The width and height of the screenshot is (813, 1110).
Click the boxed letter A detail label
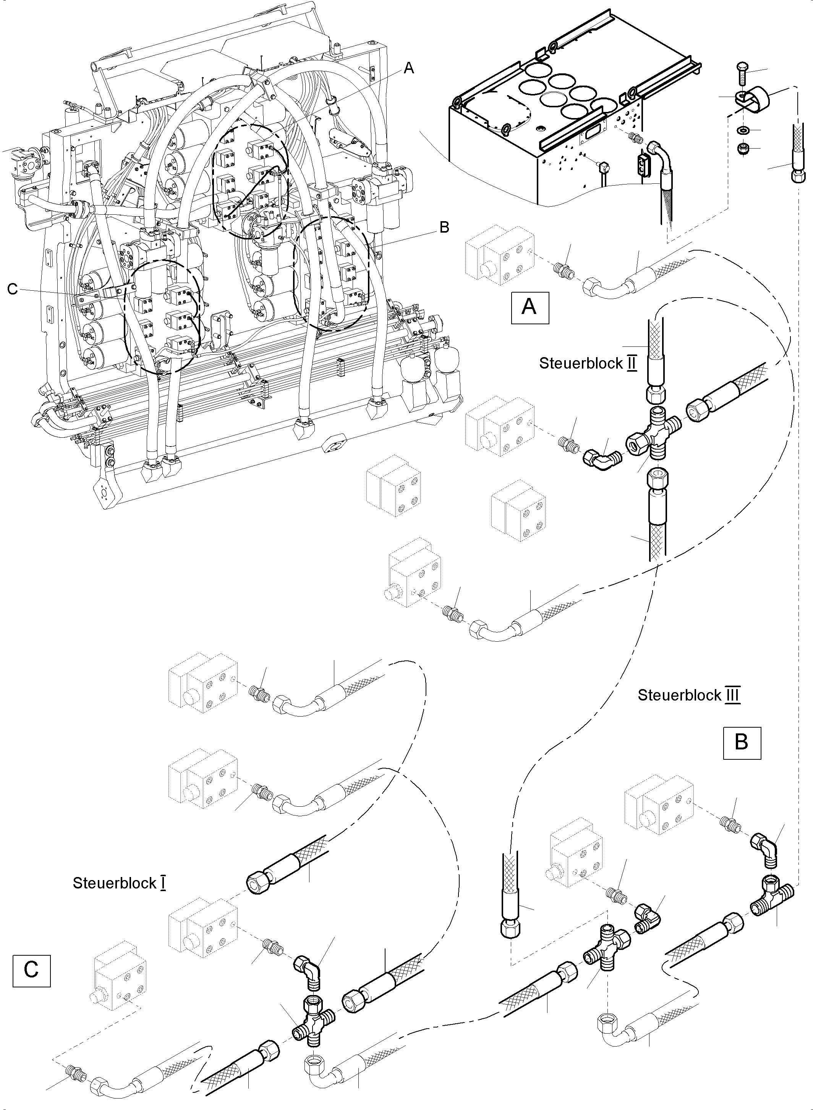pos(530,307)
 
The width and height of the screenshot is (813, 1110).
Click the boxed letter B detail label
pos(742,741)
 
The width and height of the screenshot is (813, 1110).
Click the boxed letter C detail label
pos(31,968)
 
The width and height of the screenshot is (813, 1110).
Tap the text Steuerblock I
pos(119,883)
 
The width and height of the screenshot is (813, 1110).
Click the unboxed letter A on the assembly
pos(408,69)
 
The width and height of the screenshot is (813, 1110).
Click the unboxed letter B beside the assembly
pos(444,227)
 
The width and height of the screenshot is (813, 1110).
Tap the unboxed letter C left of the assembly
pos(12,289)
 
